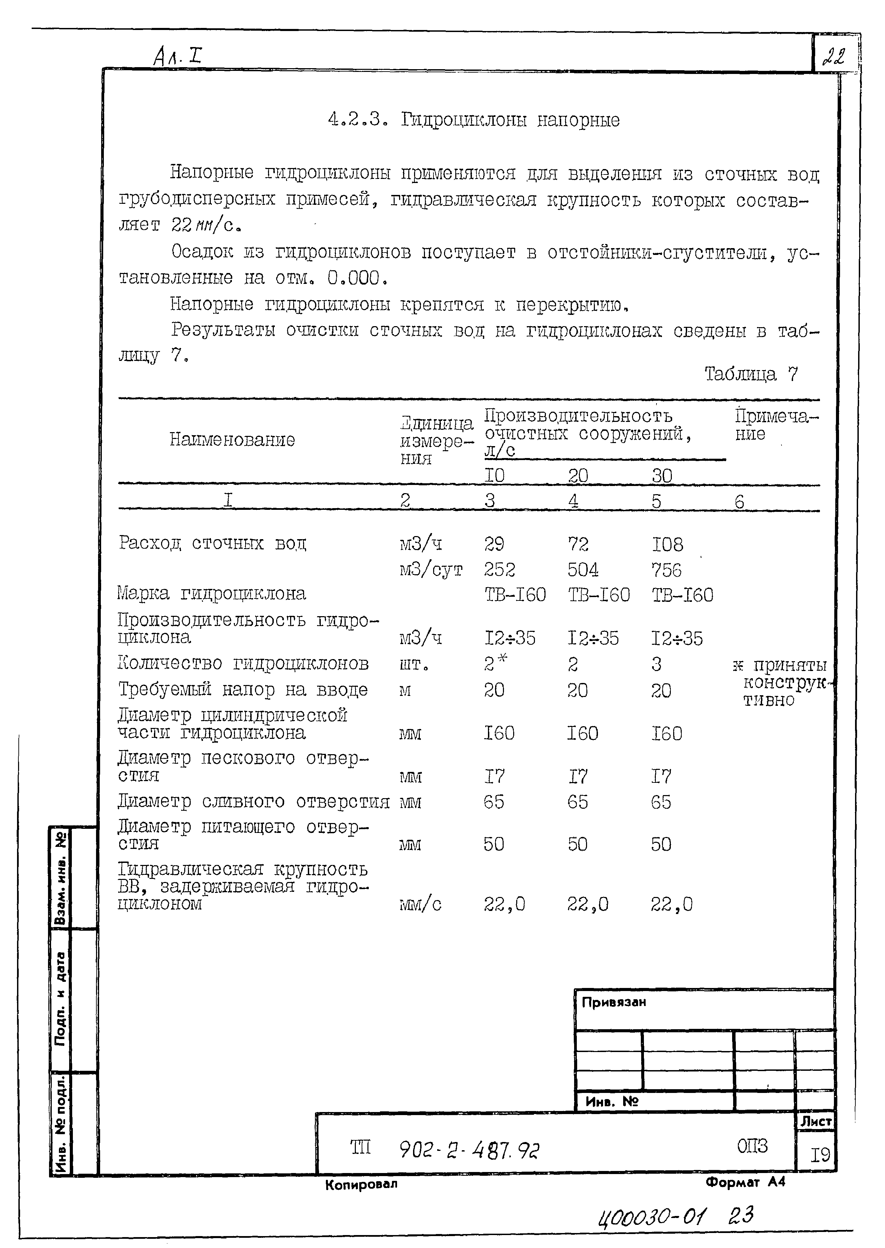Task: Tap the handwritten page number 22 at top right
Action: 834,57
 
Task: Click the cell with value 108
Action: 667,544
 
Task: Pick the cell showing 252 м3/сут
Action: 499,569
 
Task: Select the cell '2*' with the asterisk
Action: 495,663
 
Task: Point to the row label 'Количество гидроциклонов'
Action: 243,663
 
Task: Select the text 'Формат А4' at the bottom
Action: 745,1182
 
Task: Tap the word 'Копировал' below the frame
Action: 361,1184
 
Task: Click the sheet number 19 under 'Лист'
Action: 820,1155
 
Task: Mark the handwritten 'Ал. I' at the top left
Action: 177,56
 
